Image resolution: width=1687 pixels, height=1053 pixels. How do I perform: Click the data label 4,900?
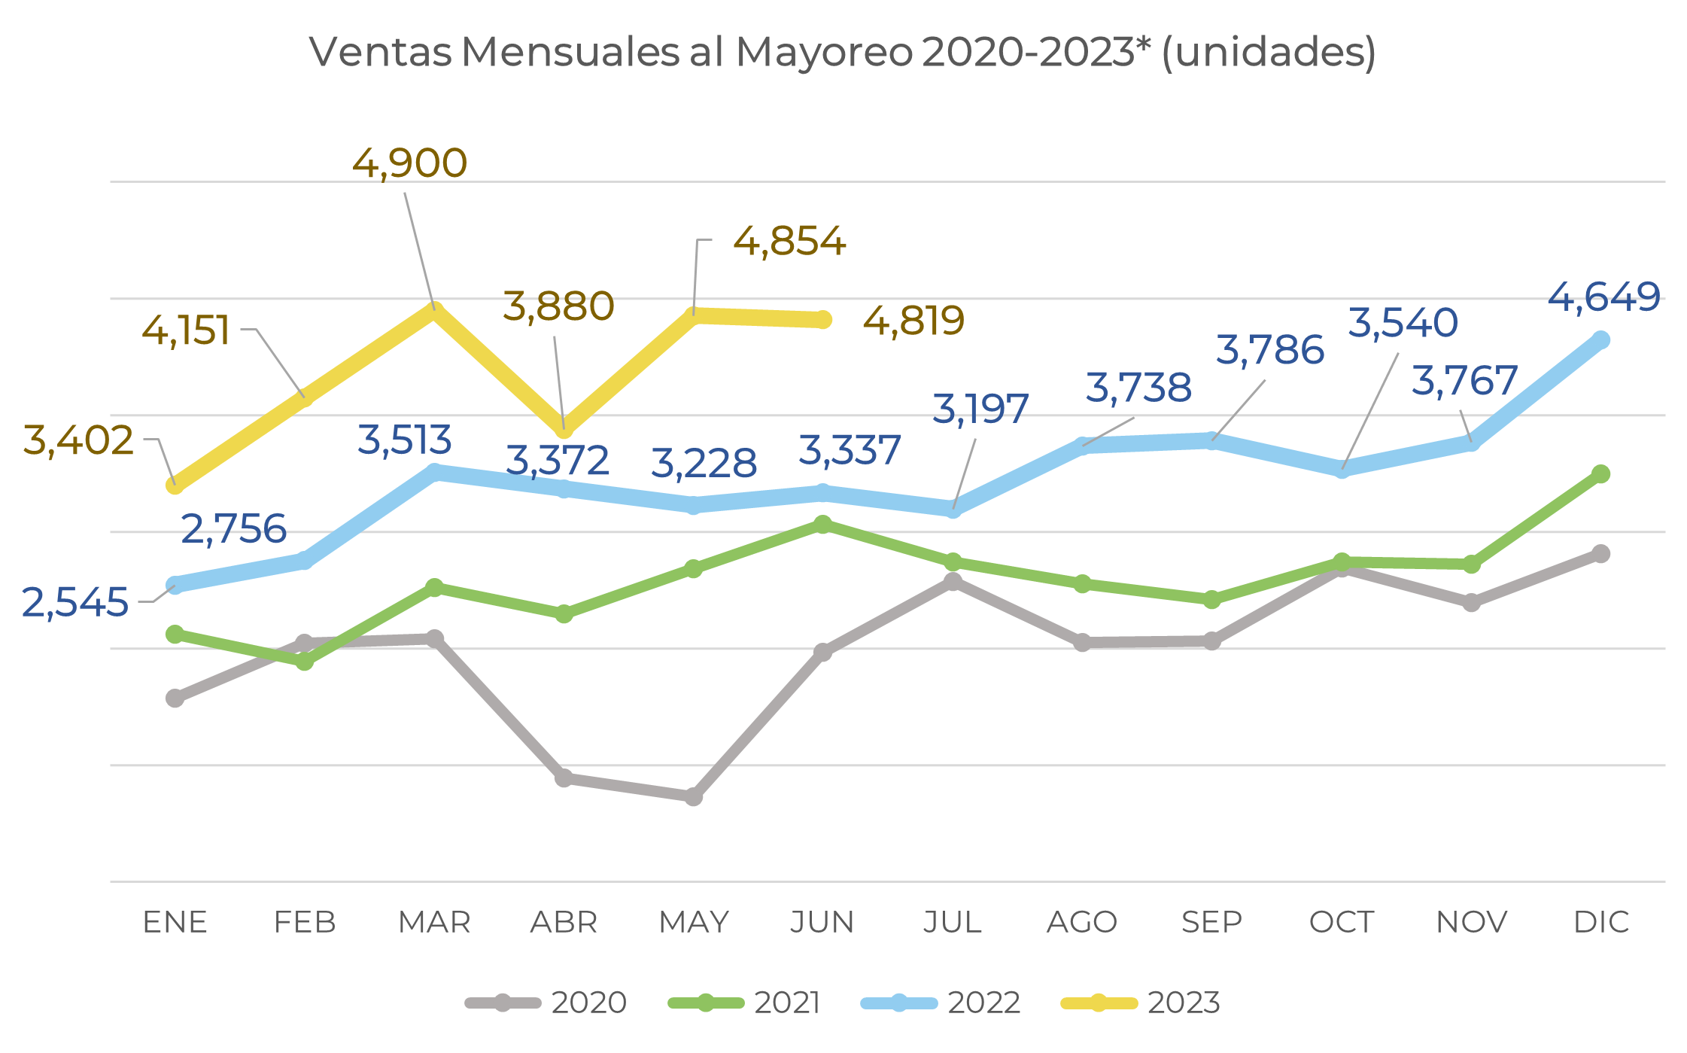409,163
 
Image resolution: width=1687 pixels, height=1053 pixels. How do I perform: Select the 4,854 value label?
789,242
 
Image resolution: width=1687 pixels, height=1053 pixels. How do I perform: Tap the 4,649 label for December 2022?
1603,297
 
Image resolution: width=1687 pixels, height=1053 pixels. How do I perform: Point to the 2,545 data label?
75,603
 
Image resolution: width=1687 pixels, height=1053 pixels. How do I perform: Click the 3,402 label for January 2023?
78,440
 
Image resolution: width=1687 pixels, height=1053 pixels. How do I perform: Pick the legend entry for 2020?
546,1003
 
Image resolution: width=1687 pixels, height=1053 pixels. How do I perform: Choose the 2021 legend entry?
745,1003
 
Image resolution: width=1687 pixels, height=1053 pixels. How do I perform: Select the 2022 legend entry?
941,1003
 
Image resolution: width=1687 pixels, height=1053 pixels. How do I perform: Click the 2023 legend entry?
1141,1003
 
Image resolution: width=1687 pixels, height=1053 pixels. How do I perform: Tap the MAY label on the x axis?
694,922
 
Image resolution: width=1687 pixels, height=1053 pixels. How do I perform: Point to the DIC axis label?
1601,922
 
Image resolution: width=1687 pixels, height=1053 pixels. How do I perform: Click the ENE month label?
175,922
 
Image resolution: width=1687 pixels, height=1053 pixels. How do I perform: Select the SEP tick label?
1211,922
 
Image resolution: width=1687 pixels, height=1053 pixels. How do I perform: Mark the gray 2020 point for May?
694,796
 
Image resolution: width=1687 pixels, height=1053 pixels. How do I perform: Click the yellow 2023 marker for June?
823,320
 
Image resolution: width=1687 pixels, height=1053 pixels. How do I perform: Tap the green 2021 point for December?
1601,473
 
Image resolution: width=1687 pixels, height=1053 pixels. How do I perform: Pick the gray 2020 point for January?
175,698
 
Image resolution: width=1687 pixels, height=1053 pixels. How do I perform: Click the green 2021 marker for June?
823,524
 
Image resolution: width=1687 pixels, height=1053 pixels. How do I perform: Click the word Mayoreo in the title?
824,53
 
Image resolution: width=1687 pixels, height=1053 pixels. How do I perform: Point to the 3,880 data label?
558,307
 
